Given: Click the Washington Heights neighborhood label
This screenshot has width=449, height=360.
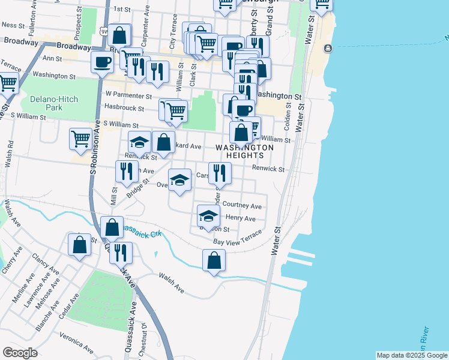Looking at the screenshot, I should [x=244, y=151].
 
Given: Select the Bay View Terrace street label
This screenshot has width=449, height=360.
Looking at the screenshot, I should [x=238, y=238].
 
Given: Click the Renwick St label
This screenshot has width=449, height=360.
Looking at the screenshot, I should [x=268, y=169].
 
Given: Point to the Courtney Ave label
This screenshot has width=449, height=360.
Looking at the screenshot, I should [x=242, y=205].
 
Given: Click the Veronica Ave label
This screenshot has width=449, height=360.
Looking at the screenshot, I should [x=77, y=344].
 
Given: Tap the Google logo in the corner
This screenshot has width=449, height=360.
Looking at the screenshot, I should [x=20, y=353].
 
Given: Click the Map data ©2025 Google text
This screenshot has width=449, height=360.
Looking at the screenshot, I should [x=412, y=355].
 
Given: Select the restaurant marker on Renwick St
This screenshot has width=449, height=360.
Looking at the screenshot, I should [x=220, y=173].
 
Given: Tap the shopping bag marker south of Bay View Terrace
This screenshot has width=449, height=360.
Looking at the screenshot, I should [x=214, y=260].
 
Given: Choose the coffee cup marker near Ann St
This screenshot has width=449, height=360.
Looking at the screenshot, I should [x=102, y=61].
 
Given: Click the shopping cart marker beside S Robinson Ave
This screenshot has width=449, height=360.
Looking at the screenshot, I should [x=80, y=139].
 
